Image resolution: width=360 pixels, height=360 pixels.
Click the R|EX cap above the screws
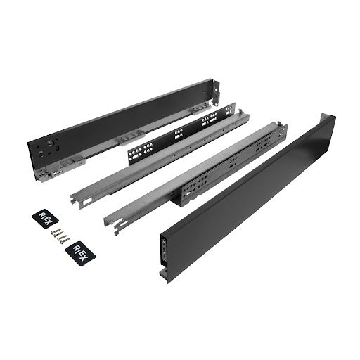46,219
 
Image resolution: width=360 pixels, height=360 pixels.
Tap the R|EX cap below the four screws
80,253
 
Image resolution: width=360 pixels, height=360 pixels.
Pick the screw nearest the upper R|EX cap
56,231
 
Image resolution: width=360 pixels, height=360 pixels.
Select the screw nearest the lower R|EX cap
65,240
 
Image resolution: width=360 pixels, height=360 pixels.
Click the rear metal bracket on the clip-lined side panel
216,92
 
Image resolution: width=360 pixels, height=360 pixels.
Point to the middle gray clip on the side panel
129,138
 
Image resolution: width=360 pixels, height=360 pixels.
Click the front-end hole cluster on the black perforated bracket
140,150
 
